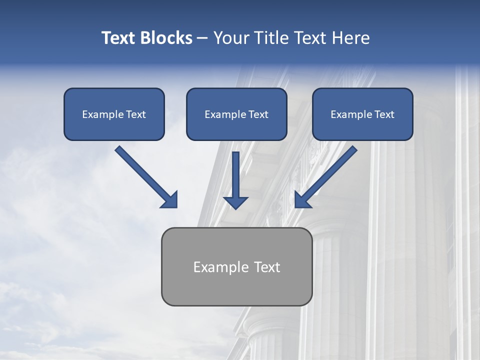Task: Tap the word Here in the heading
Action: point(349,38)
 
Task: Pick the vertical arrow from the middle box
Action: point(235,172)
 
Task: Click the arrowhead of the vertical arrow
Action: point(235,202)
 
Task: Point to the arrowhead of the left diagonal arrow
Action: point(170,200)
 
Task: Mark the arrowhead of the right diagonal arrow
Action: point(302,200)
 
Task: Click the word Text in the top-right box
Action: point(384,114)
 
